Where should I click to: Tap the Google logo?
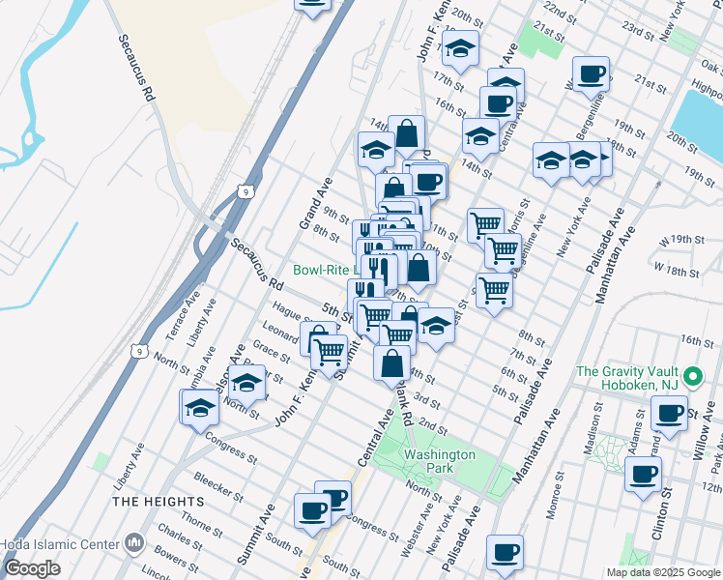33,568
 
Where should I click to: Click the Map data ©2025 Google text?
663,572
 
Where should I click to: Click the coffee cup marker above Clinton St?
644,475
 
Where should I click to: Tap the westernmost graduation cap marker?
200,406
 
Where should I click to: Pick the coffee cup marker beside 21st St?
590,73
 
